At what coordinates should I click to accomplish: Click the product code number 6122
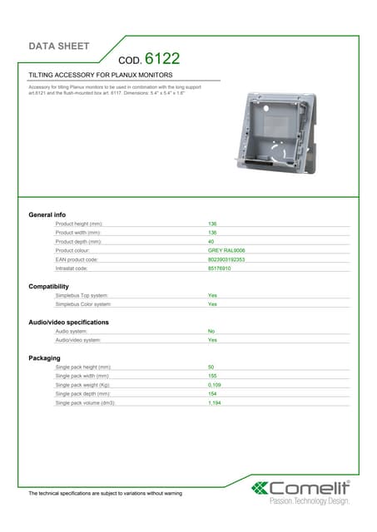161,59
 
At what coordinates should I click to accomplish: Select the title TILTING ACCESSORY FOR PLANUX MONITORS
100,75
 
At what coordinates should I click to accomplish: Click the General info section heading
47,215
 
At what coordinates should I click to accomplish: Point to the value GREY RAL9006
226,250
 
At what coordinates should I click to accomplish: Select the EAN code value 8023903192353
226,259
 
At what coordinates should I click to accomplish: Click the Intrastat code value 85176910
220,268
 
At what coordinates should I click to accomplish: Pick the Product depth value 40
211,242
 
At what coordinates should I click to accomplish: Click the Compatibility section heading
49,287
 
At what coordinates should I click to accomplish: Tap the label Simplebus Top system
82,295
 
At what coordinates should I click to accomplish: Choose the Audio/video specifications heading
68,322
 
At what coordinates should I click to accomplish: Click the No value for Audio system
211,331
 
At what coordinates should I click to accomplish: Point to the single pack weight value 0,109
215,385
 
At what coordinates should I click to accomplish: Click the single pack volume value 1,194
215,402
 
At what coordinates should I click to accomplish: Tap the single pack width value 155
212,376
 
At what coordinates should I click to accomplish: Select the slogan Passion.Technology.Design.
309,501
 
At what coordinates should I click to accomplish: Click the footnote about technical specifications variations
105,494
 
